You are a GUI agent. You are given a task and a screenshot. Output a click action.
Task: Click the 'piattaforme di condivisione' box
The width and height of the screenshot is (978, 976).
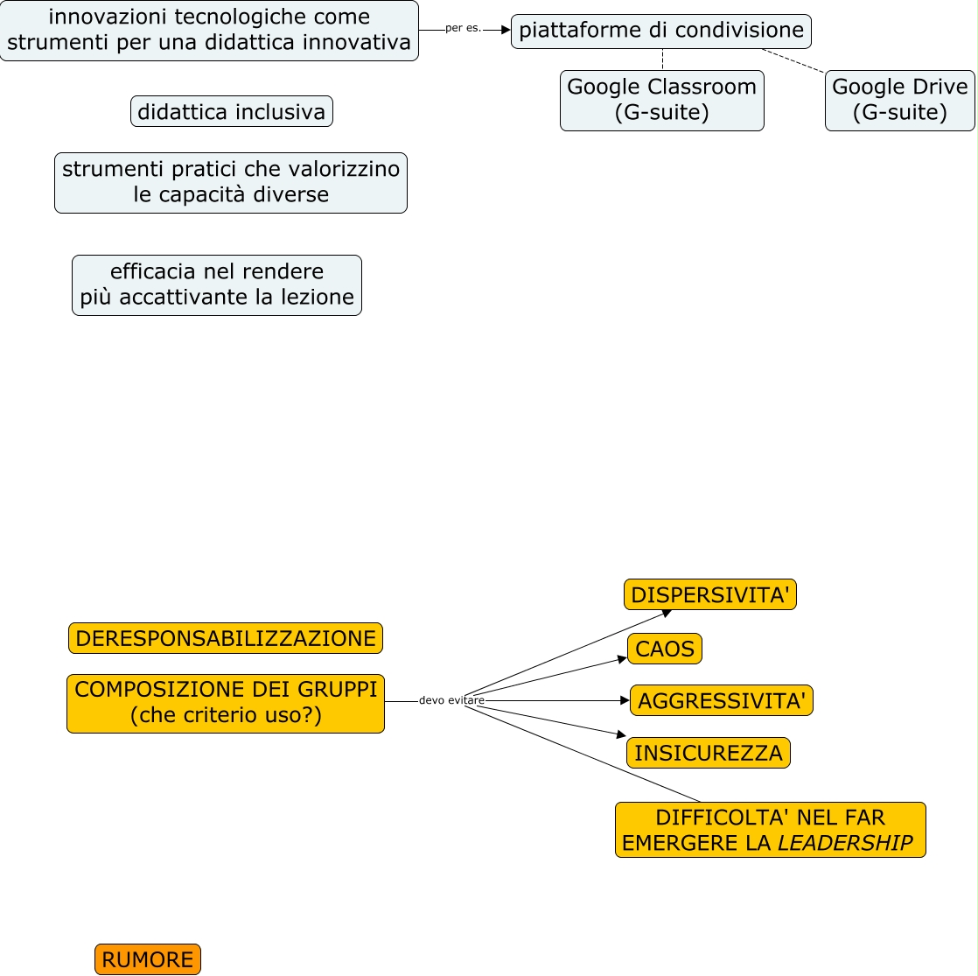[x=661, y=31]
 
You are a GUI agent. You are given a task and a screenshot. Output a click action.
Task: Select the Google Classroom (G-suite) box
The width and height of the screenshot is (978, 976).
[x=661, y=100]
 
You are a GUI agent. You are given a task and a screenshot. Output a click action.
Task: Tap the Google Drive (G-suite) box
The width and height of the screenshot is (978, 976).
[x=899, y=100]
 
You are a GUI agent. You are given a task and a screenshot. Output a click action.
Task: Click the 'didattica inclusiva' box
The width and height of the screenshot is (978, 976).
[x=232, y=111]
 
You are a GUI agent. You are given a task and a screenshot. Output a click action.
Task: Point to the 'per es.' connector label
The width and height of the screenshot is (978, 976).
[x=463, y=28]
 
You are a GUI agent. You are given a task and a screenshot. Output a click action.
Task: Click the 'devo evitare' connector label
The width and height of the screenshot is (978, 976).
[x=451, y=700]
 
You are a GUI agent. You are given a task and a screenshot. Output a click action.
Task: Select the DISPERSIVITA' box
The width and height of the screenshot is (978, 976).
[x=709, y=594]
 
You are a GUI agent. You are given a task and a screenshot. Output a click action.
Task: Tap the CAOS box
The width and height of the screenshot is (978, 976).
[x=664, y=649]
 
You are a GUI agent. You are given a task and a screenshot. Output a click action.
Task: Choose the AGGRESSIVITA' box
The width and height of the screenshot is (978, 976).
[x=721, y=700]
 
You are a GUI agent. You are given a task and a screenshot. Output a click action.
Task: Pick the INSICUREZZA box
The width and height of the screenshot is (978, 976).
[x=708, y=753]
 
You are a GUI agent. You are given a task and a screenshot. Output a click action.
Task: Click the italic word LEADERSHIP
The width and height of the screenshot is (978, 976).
[x=845, y=843]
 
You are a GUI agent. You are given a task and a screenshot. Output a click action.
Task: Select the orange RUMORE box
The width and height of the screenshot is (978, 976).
[x=148, y=959]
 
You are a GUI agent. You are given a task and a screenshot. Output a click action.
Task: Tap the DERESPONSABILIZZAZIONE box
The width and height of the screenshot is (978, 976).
[x=226, y=638]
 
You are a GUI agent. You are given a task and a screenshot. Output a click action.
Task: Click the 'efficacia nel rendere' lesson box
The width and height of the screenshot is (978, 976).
[x=217, y=284]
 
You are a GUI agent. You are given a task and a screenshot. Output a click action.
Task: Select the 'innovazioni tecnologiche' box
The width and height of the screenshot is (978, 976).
[x=209, y=30]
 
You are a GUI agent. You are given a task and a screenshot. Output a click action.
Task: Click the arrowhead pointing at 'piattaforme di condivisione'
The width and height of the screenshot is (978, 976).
[x=506, y=30]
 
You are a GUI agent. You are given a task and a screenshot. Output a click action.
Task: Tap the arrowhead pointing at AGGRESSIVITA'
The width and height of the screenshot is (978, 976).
[x=625, y=700]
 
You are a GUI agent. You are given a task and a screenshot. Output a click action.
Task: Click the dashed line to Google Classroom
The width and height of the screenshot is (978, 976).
[x=662, y=60]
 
